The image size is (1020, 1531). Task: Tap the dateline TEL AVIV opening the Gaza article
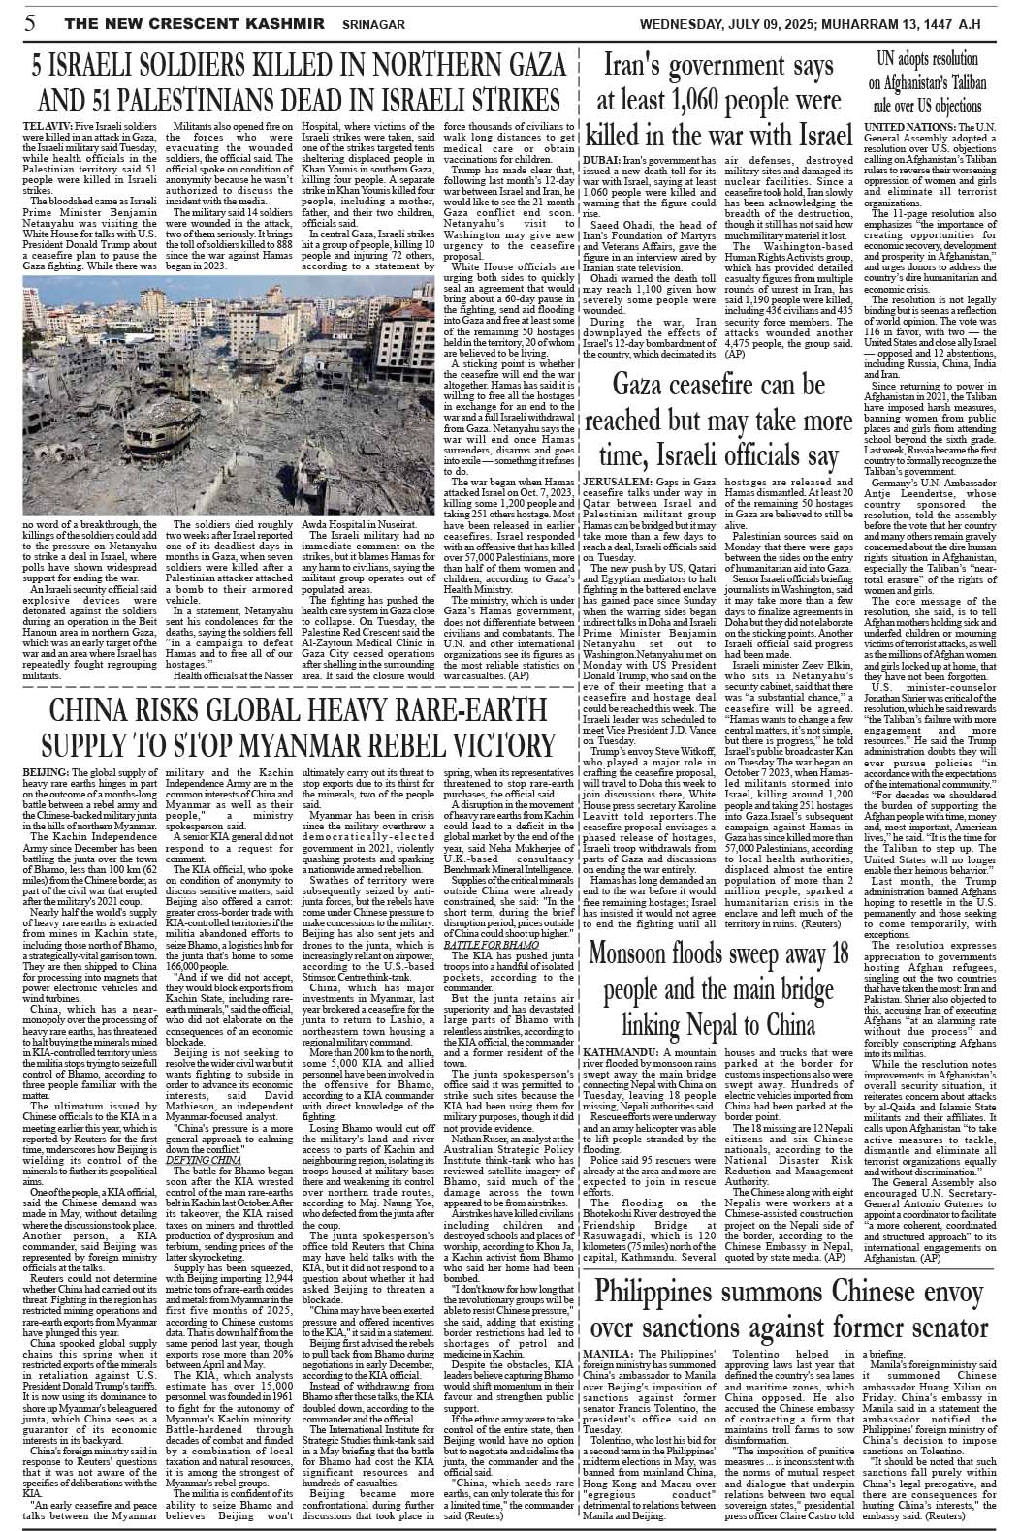coord(43,127)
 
